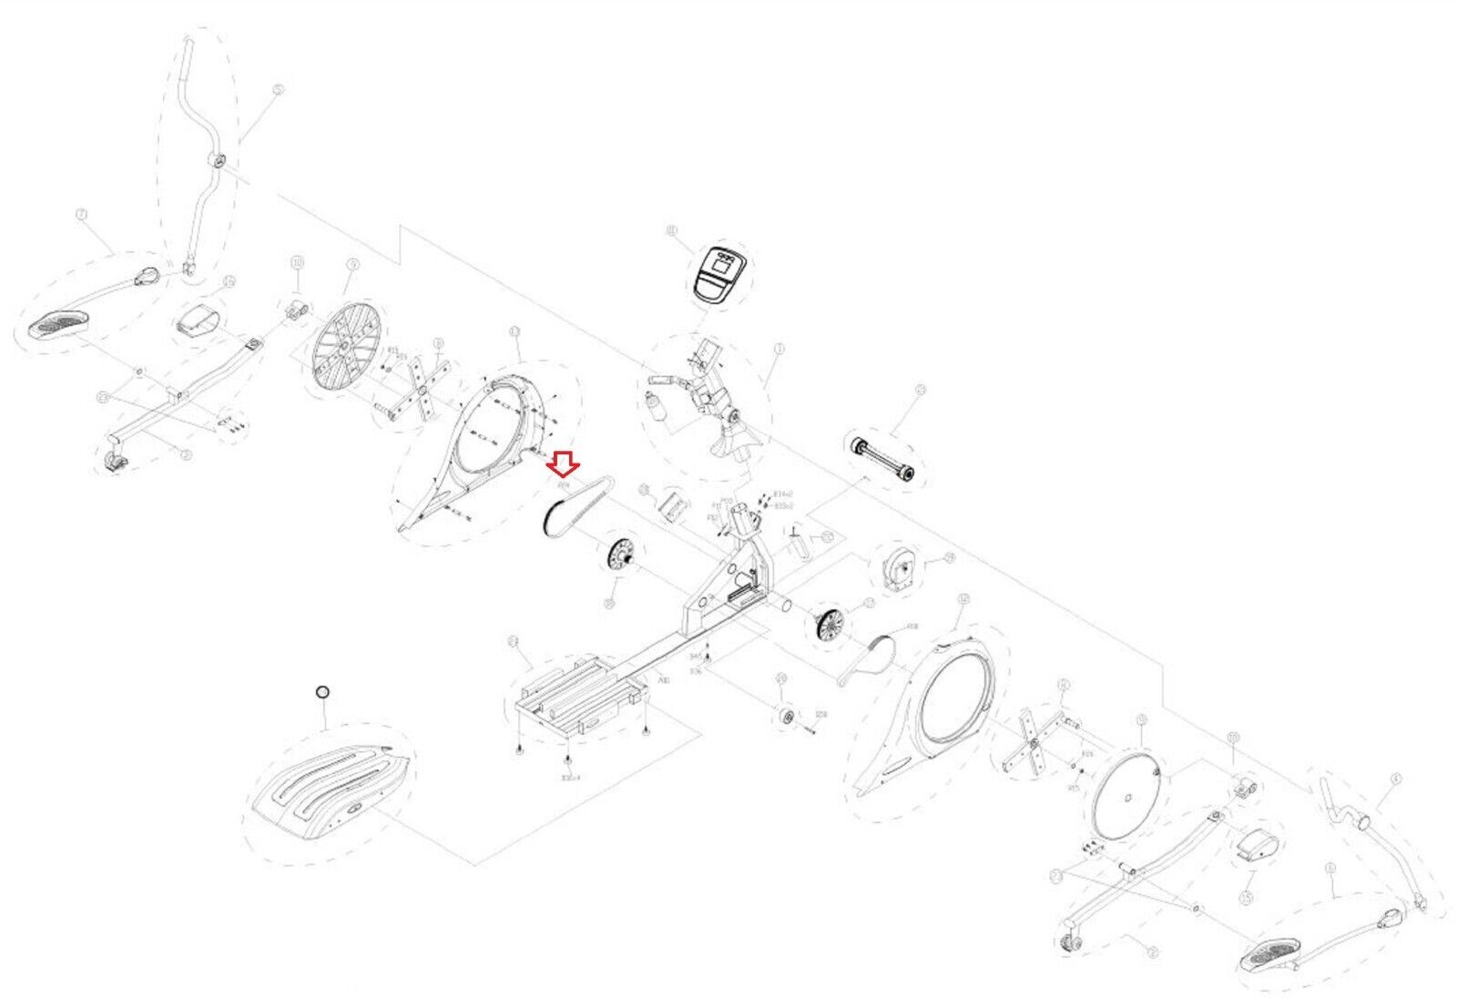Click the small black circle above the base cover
click(x=321, y=693)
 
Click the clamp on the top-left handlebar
click(x=217, y=161)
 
